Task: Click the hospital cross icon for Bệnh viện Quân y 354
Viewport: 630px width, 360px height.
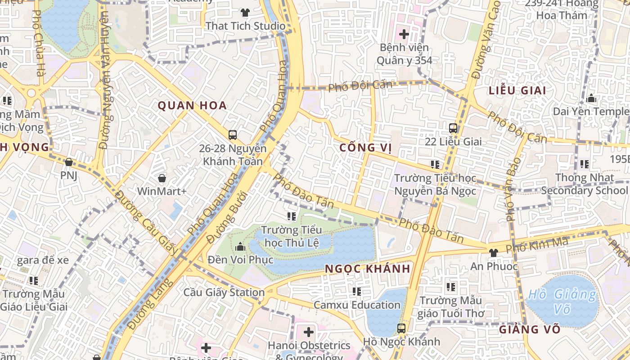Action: pos(404,34)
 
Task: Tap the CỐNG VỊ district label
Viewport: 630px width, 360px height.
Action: pos(365,148)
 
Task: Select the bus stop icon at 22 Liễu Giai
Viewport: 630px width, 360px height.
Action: pos(453,128)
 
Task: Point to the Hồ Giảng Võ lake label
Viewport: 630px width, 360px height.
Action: pos(562,301)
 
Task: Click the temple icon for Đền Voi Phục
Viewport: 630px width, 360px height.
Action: pos(240,247)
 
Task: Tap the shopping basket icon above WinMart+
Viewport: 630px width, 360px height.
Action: pos(162,178)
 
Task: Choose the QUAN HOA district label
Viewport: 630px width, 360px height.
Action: pos(192,106)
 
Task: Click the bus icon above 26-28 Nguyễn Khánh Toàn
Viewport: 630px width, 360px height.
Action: pos(233,135)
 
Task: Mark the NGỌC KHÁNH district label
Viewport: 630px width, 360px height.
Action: pos(367,269)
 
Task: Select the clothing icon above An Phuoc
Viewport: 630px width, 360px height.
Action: pos(494,253)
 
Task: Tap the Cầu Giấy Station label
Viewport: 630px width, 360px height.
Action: pos(224,292)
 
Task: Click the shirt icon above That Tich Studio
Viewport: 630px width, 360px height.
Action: pos(245,12)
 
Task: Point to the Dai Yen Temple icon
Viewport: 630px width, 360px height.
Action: pos(591,98)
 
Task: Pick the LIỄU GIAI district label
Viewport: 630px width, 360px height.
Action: pos(517,90)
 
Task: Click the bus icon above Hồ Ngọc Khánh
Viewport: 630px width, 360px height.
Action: pos(401,328)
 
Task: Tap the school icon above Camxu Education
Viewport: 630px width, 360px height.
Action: pos(357,292)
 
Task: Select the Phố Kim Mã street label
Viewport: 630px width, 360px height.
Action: pos(537,245)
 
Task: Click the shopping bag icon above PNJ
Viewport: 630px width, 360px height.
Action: pos(69,162)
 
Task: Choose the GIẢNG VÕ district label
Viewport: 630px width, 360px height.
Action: pos(530,329)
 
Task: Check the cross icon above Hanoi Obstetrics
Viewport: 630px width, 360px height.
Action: pos(308,333)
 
